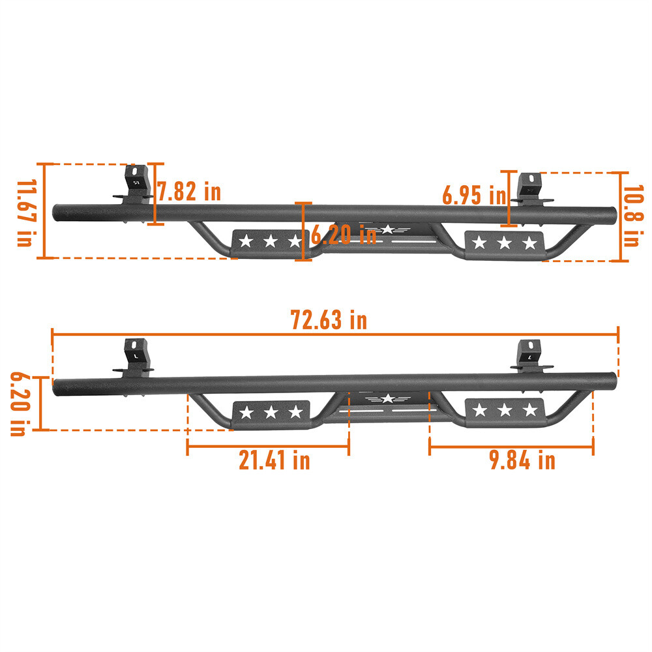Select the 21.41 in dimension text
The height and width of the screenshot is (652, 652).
[x=274, y=460]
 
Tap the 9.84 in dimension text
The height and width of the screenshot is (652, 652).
[x=522, y=460]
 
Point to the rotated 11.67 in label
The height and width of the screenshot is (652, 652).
[x=25, y=213]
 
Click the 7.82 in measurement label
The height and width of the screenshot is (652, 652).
[x=189, y=192]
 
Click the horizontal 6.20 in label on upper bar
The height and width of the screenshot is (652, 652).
[x=343, y=234]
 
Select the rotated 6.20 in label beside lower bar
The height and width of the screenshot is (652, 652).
[x=19, y=404]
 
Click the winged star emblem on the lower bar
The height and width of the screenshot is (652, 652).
[x=387, y=399]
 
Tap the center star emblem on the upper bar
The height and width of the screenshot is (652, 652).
[x=388, y=229]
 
